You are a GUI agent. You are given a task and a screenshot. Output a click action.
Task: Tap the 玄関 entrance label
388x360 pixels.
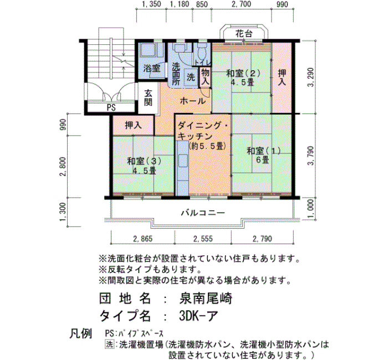[149, 98]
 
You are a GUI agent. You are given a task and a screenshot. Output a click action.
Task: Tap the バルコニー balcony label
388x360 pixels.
[202, 213]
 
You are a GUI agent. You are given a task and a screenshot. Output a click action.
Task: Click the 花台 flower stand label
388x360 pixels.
[244, 34]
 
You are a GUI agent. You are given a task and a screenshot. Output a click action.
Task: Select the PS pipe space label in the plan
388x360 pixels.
[111, 107]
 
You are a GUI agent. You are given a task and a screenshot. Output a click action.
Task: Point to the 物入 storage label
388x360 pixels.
[205, 76]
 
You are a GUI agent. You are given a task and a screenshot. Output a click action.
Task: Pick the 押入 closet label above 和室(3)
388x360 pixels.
[133, 125]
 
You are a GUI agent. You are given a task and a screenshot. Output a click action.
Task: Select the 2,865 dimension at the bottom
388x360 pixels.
[142, 239]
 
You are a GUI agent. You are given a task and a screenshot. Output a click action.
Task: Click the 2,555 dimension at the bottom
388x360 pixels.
[203, 239]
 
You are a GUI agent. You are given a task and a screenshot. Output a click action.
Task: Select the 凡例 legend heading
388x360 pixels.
[80, 335]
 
